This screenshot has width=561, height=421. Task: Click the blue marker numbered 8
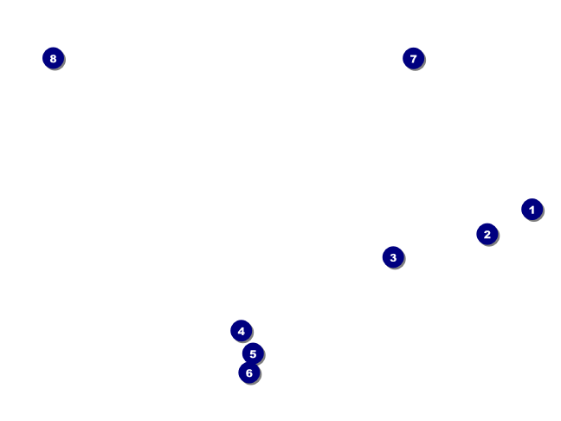point(54,58)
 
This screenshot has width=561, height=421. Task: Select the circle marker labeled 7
point(414,58)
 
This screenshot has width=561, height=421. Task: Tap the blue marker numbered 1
point(532,210)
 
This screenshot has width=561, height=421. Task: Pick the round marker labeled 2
point(487,234)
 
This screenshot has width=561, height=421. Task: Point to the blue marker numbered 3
point(393,257)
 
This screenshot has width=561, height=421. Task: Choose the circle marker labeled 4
point(242,331)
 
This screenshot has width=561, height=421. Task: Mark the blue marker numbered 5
point(253,353)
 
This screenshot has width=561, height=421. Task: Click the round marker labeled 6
point(249,372)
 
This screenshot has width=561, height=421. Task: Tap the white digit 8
point(54,58)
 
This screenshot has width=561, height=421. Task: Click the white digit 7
point(414,59)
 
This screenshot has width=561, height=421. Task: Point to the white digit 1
point(532,210)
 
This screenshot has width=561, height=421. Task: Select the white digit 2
point(487,235)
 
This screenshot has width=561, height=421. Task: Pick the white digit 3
point(393,257)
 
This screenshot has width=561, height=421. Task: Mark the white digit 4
point(242,331)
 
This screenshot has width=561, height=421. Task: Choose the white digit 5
point(253,354)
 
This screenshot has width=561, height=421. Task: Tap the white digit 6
point(249,373)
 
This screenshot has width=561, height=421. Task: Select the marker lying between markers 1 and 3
point(487,234)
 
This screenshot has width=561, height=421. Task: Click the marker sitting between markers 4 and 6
point(253,353)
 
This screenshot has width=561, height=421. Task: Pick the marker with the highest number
point(54,58)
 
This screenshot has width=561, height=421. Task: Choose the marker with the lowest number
point(532,210)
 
